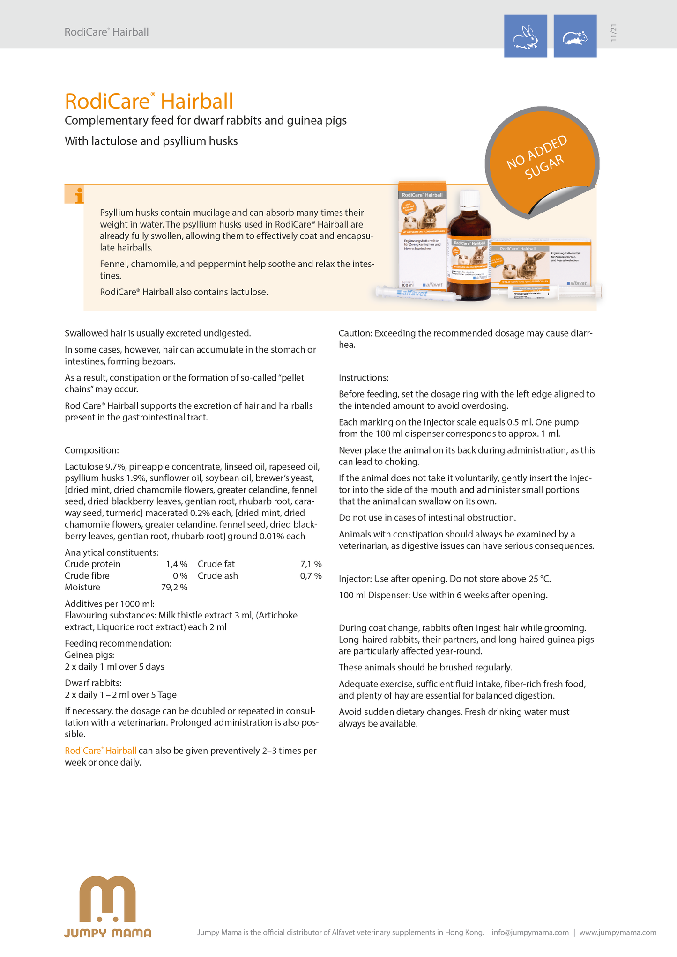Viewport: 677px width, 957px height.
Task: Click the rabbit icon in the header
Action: click(525, 36)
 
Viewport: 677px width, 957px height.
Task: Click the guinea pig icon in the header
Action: click(575, 36)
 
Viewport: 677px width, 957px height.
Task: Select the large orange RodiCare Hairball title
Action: click(149, 101)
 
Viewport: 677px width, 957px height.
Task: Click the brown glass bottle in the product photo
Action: click(469, 253)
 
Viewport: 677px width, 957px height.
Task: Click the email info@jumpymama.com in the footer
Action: click(530, 932)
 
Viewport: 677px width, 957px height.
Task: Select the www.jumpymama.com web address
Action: click(617, 932)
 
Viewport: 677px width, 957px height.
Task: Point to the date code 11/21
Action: click(614, 33)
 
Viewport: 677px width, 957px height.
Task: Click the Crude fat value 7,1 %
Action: click(311, 564)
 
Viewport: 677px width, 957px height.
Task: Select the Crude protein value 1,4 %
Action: click(177, 564)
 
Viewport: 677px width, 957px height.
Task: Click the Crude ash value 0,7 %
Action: click(311, 576)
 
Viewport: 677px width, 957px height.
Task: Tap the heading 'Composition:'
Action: click(92, 450)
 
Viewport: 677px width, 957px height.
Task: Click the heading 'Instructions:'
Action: click(364, 378)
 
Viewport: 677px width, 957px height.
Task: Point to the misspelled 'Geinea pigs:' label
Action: click(89, 655)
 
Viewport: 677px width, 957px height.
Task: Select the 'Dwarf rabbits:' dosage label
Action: click(93, 683)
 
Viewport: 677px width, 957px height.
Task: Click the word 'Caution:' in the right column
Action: click(355, 333)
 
